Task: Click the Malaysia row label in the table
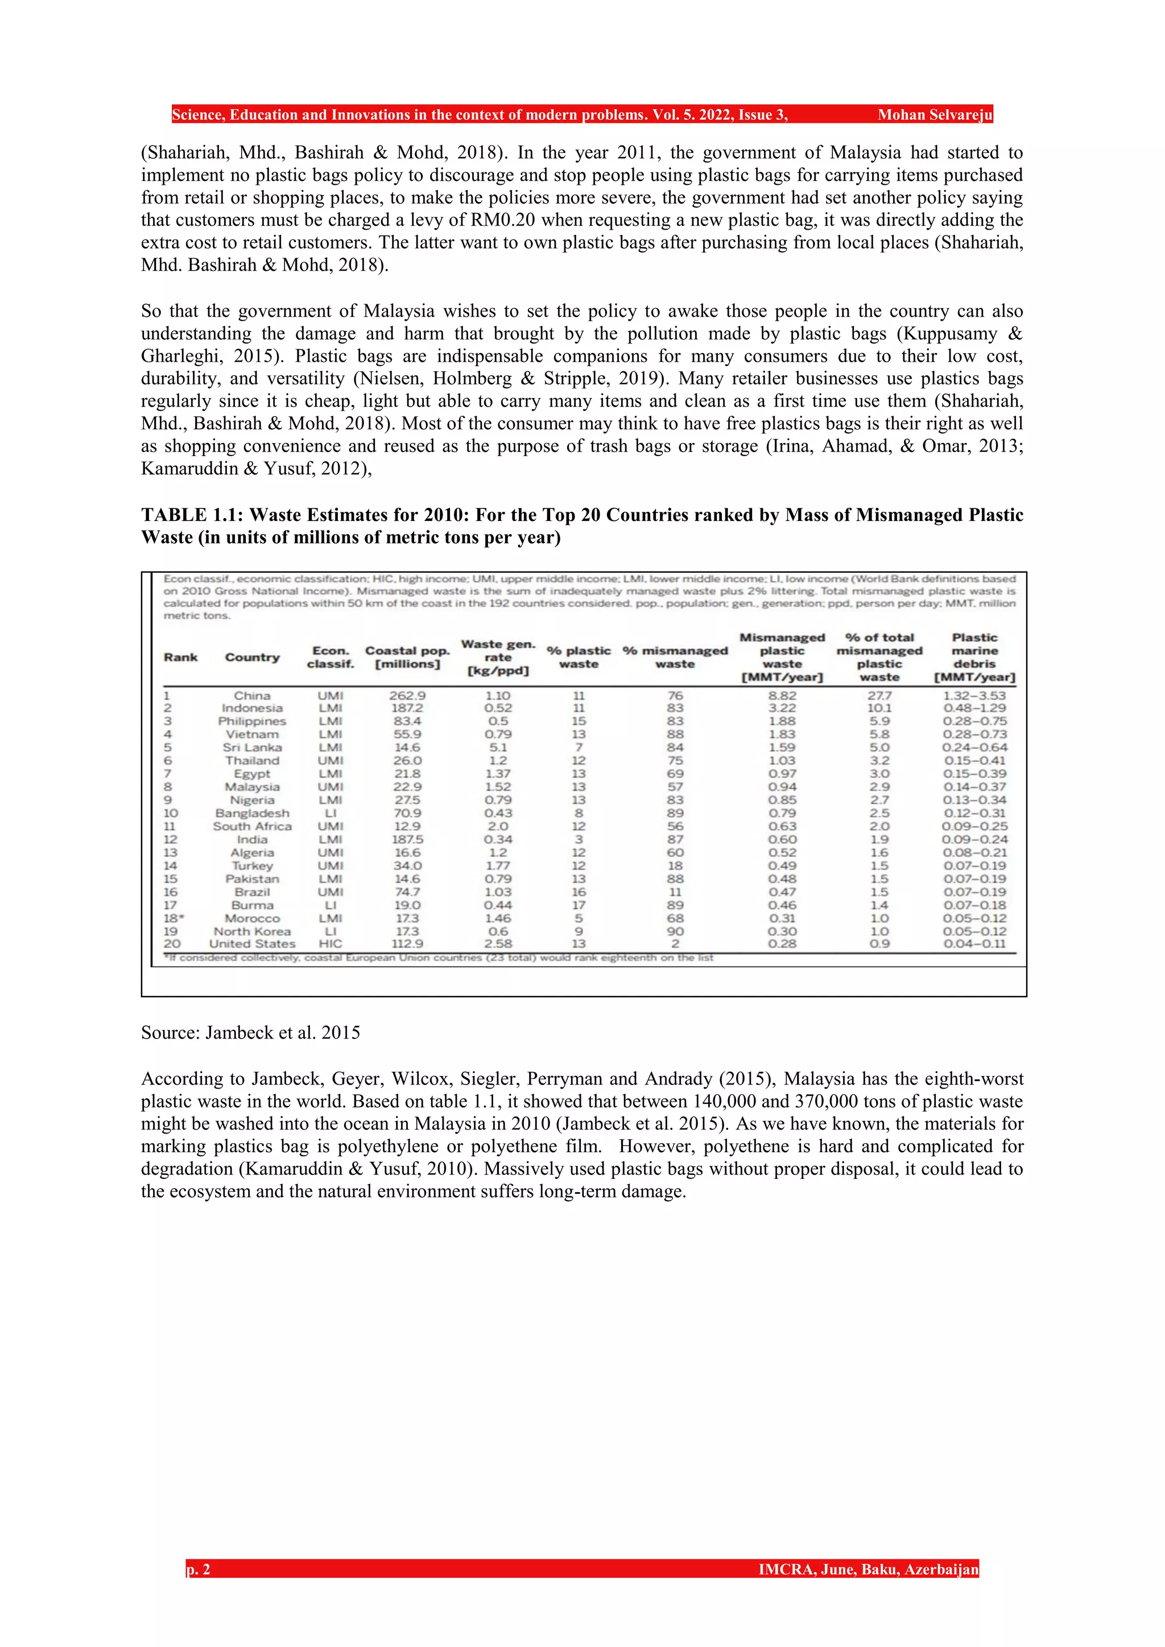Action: [x=252, y=787]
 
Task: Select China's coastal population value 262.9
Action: [x=407, y=695]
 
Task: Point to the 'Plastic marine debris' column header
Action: [x=974, y=657]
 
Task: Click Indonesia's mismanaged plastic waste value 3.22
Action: [x=782, y=708]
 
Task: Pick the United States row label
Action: [x=252, y=944]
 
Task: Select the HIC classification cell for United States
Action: [x=330, y=944]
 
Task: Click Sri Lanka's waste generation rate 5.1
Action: [x=497, y=747]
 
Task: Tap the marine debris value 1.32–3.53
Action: [x=974, y=695]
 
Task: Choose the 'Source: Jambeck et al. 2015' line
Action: [x=250, y=1032]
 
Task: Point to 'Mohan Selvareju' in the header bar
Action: [x=934, y=115]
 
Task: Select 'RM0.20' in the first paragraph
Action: [x=502, y=220]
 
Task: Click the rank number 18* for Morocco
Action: [x=172, y=918]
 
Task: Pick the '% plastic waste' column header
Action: [x=578, y=657]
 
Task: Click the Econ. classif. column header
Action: [x=330, y=657]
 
